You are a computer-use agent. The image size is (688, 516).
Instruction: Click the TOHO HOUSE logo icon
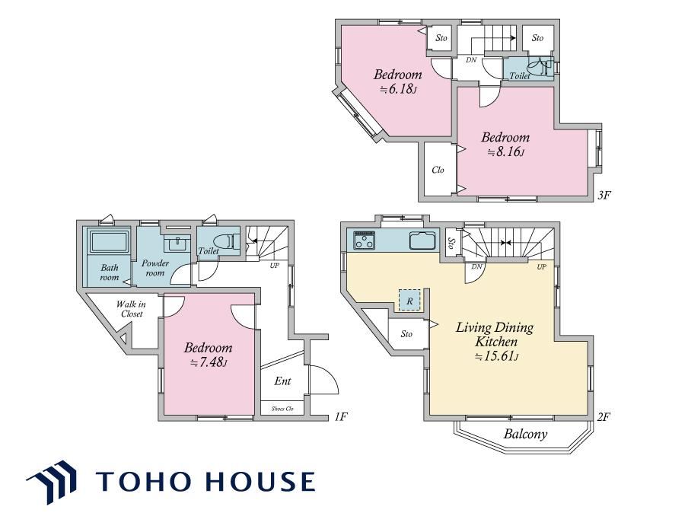(52, 481)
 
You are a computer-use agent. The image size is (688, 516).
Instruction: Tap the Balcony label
(525, 435)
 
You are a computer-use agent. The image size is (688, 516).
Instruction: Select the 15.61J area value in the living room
(497, 357)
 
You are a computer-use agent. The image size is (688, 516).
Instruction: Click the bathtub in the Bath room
(110, 241)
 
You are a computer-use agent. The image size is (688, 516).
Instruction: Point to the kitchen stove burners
(365, 240)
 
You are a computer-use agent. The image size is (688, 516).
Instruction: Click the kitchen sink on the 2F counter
(422, 240)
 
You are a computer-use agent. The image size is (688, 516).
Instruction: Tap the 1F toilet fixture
(228, 241)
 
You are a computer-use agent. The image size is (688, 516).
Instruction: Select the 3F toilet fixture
(539, 68)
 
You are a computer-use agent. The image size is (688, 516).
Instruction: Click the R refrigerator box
(409, 301)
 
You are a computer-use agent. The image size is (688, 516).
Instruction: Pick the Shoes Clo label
(282, 409)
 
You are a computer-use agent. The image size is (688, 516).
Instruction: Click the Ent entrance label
(282, 381)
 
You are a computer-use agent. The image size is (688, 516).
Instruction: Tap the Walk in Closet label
(131, 309)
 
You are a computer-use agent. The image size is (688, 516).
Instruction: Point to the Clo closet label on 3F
(438, 170)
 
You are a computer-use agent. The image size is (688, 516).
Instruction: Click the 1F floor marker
(340, 416)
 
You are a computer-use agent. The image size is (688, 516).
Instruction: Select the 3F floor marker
(604, 194)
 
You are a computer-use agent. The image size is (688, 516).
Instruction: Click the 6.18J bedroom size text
(398, 90)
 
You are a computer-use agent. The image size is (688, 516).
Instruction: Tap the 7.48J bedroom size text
(208, 362)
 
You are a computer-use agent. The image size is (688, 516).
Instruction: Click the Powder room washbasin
(177, 244)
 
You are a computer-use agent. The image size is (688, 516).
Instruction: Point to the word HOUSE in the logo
(260, 481)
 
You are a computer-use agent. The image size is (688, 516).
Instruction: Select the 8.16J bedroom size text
(505, 152)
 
